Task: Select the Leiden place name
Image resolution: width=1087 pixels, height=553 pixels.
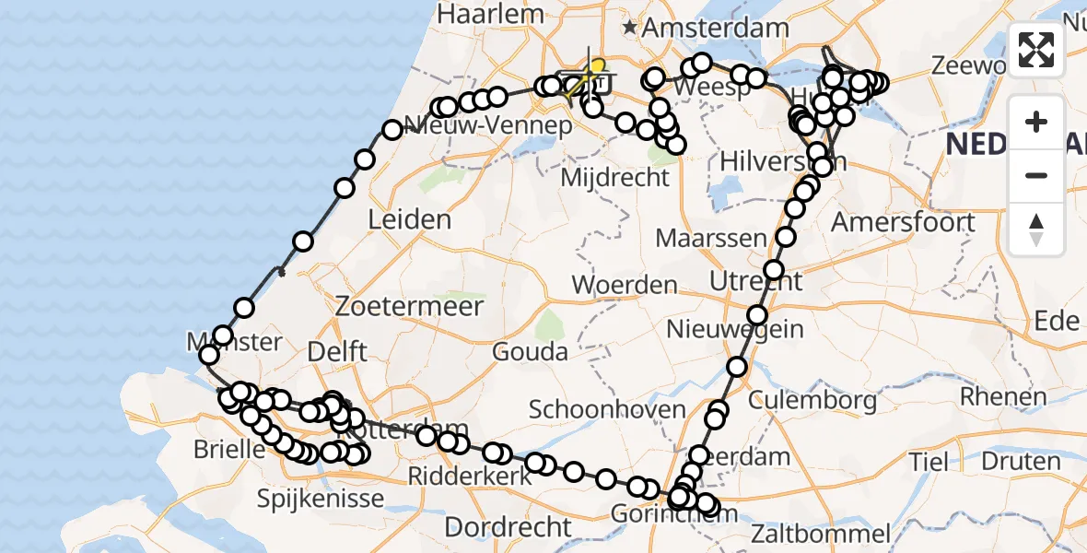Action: (409, 220)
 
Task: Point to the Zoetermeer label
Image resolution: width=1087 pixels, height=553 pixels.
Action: (410, 305)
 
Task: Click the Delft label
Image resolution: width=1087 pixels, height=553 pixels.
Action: (338, 351)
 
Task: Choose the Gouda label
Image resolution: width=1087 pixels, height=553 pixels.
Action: (530, 351)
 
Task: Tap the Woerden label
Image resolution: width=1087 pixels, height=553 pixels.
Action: (625, 285)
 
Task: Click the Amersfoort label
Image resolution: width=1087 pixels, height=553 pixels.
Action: (903, 222)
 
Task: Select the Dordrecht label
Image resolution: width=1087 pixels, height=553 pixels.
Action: (508, 527)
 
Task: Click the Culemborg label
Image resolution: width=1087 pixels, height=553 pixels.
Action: (812, 400)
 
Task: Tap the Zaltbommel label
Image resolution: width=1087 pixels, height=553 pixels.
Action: (820, 533)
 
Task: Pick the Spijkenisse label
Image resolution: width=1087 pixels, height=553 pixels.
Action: (321, 500)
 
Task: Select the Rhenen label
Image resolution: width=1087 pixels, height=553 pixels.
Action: (1003, 397)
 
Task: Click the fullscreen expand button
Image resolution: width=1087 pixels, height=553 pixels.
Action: (1036, 50)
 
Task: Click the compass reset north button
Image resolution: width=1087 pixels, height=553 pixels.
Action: (1036, 229)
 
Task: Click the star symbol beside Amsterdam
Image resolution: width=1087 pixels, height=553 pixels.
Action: (630, 29)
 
